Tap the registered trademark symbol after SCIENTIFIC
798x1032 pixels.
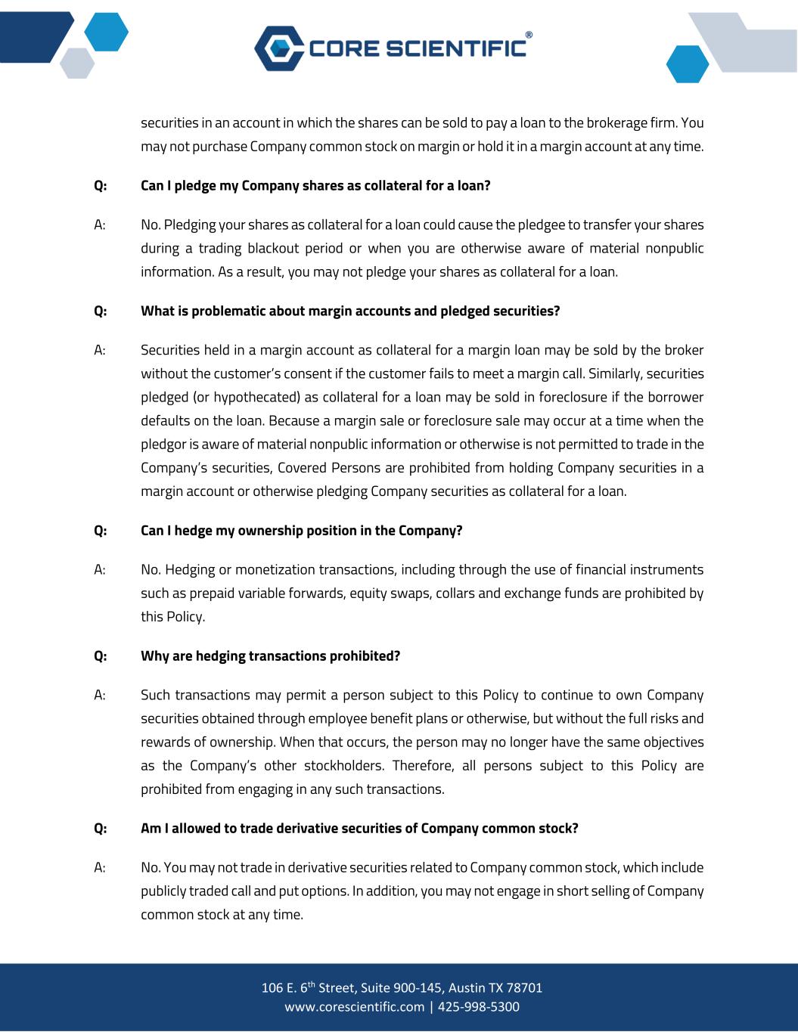(x=528, y=35)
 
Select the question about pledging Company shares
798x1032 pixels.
(x=315, y=185)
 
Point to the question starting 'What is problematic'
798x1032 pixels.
(x=350, y=311)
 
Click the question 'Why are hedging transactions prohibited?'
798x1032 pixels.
(x=270, y=655)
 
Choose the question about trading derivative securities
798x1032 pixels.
(x=359, y=828)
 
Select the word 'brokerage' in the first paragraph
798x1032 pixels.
(x=620, y=122)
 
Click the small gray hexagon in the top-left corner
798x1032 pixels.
(x=77, y=64)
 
